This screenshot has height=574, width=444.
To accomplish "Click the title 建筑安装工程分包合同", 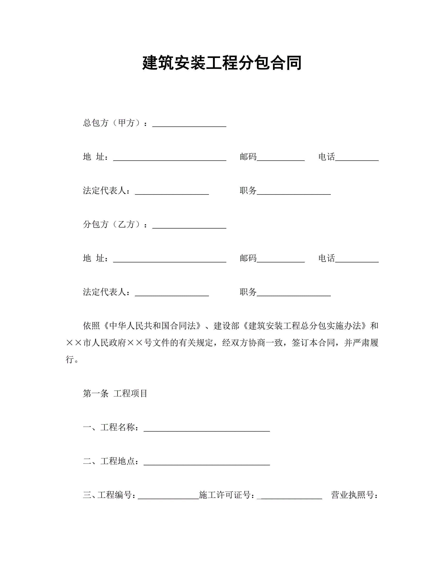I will coord(222,63).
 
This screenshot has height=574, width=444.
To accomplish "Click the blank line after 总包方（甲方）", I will coord(189,123).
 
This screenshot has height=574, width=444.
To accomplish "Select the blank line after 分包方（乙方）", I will coord(189,225).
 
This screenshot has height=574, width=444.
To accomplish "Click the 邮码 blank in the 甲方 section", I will coord(281,158).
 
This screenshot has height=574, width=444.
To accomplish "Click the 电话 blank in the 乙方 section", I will coord(357,259).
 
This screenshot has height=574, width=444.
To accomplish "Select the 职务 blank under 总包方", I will coord(294,191).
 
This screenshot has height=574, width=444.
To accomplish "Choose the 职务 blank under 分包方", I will coord(294,293).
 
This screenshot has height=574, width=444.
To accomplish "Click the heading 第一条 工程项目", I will coord(115,394).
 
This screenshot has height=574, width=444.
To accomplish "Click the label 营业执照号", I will coord(354,495).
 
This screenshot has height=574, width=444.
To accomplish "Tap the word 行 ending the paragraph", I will coord(70,359).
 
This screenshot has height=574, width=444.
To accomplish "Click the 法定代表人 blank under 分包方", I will coord(172,293).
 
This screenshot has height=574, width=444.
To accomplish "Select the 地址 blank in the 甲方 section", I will coord(170,158).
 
